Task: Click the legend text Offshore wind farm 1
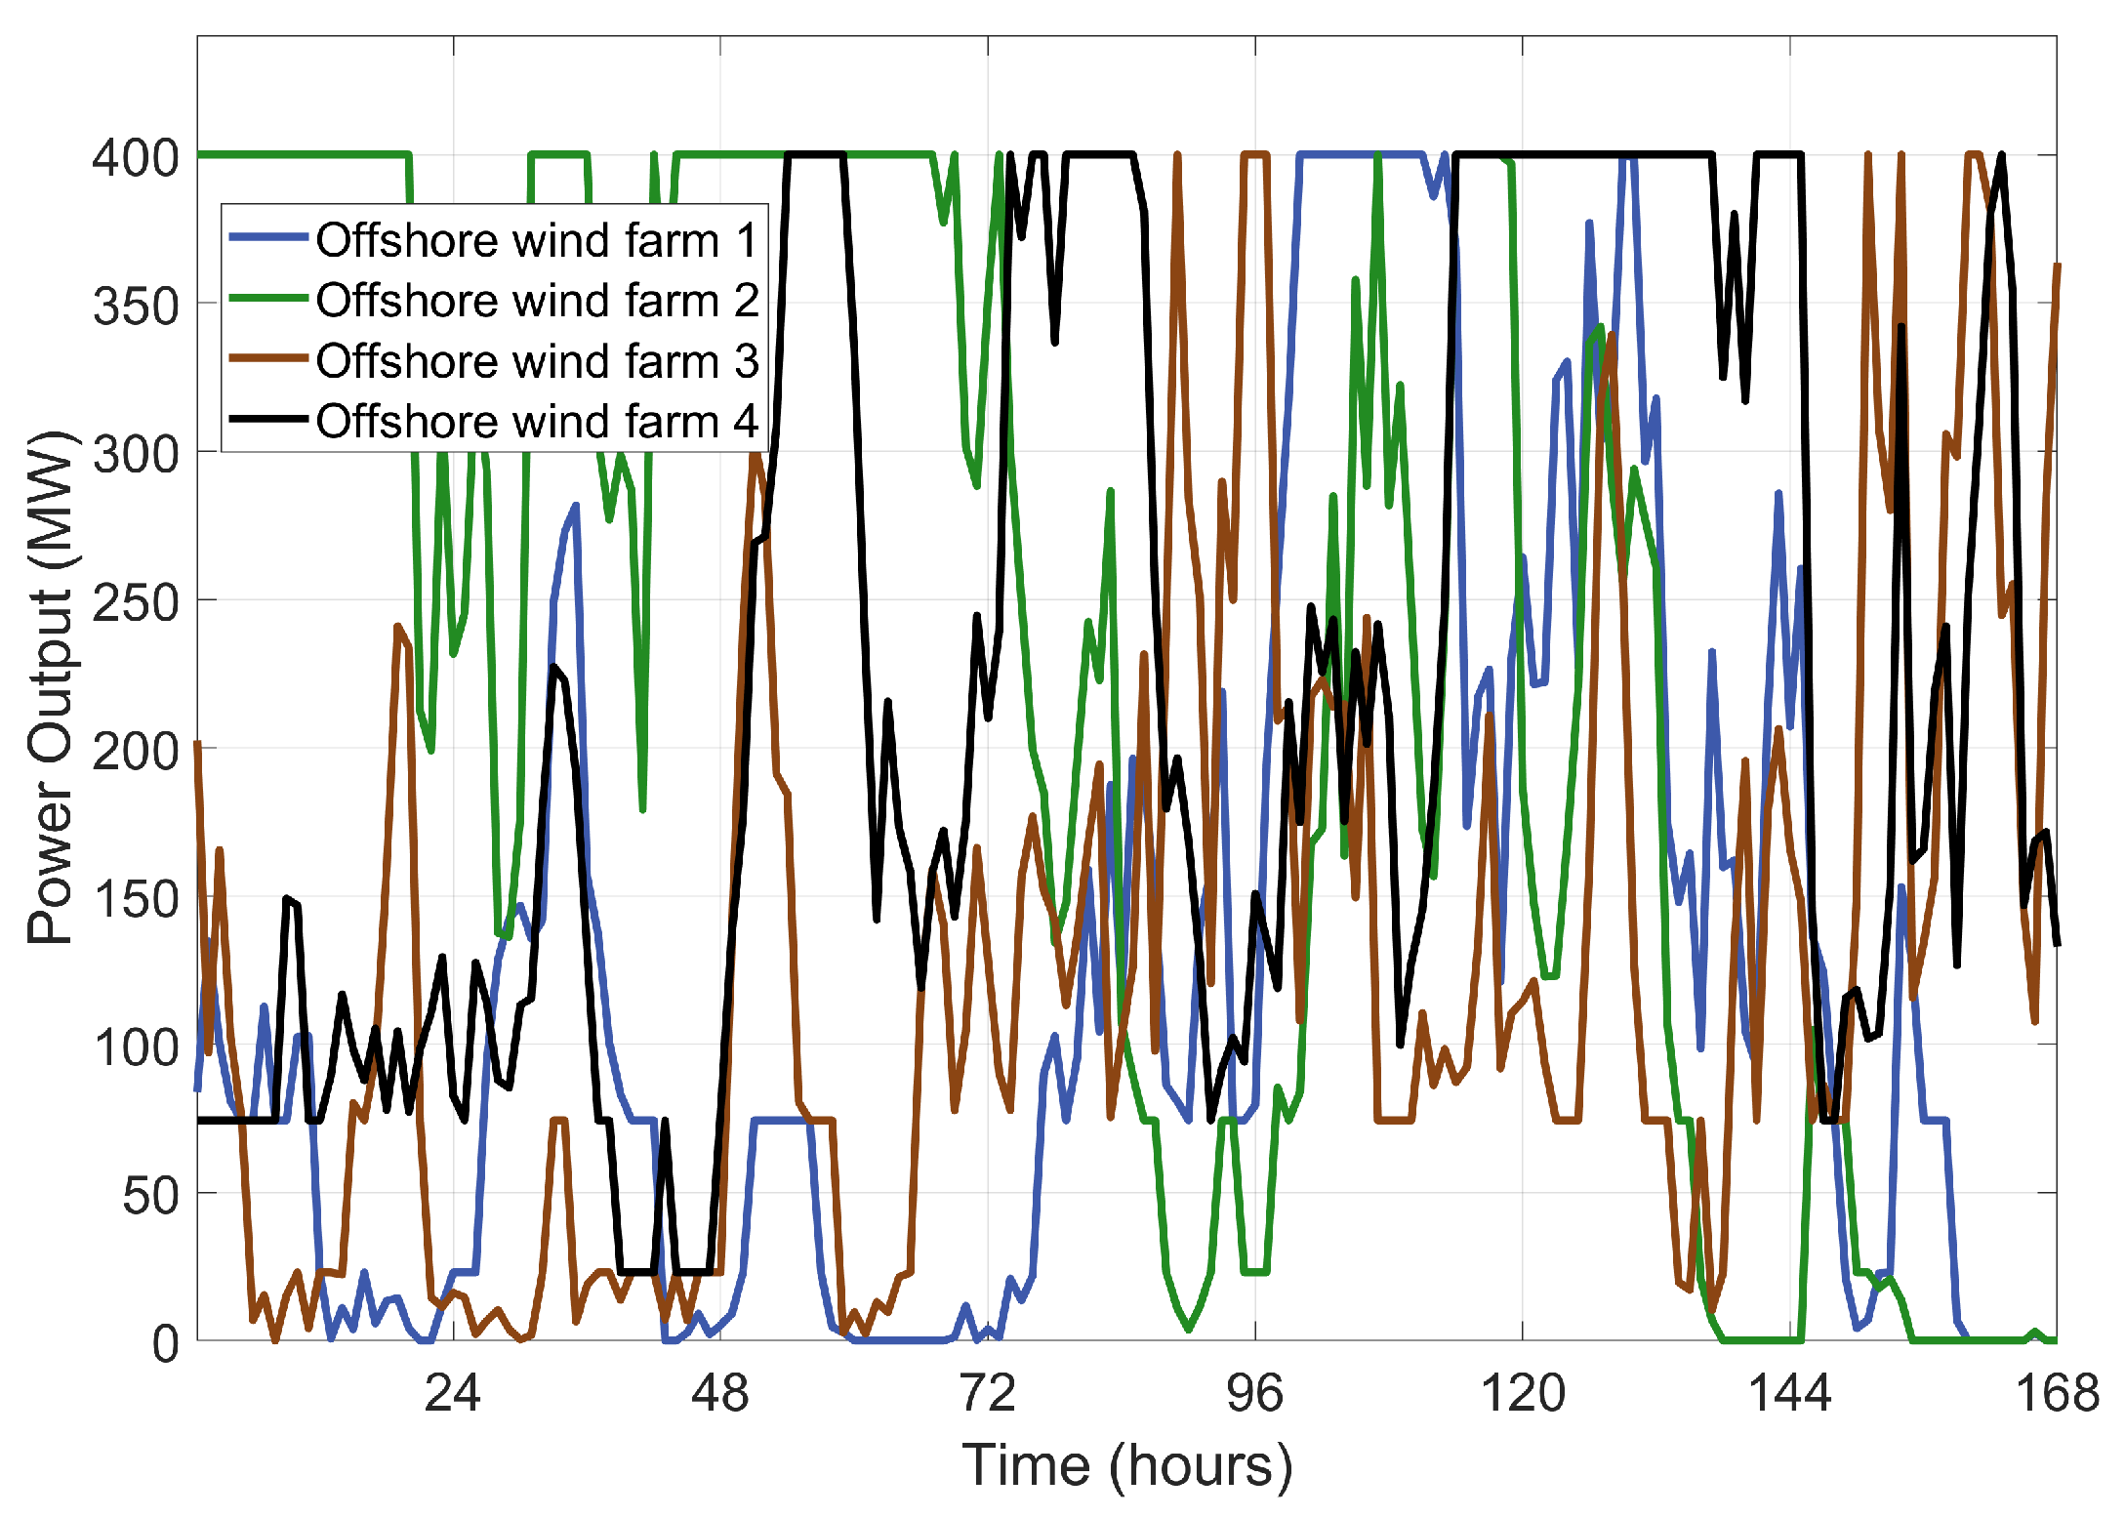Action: [x=537, y=240]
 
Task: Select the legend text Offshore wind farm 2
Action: [x=537, y=301]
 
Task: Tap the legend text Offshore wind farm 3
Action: [x=537, y=361]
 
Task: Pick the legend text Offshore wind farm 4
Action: [x=537, y=422]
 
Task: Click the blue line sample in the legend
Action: [x=268, y=237]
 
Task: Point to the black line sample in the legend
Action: [x=268, y=419]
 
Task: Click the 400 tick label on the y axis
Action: [x=137, y=157]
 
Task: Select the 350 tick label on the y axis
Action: [x=137, y=307]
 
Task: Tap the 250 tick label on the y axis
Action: [x=137, y=602]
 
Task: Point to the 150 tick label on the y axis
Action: [x=137, y=899]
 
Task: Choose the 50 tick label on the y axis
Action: [x=151, y=1196]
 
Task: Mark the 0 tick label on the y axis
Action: [x=166, y=1344]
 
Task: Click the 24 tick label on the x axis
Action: [x=452, y=1393]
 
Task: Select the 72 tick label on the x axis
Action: [x=988, y=1393]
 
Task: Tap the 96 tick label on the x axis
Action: [x=1255, y=1393]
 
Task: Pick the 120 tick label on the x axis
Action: [x=1523, y=1393]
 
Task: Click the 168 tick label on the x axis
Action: [x=2057, y=1393]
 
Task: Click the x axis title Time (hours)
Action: [x=1127, y=1465]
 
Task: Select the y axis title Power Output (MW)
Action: [x=51, y=686]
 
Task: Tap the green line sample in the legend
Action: [x=268, y=298]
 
